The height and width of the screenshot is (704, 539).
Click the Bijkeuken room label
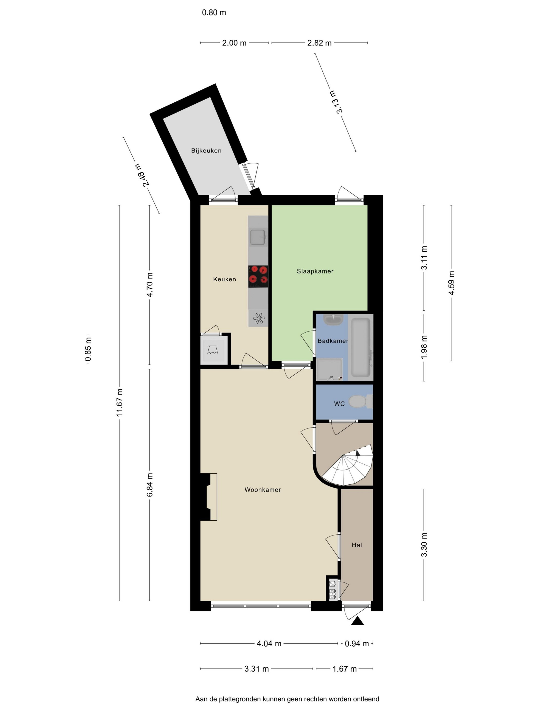coord(206,150)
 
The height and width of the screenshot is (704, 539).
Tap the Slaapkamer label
coord(315,271)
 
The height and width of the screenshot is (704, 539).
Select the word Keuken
coord(225,279)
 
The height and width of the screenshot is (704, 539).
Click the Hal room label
coord(357,545)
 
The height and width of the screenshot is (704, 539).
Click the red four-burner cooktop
coord(258,277)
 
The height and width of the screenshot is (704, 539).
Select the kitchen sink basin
coord(258,237)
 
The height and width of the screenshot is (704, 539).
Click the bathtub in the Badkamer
coord(361,347)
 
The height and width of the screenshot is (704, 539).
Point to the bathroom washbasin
coord(334,320)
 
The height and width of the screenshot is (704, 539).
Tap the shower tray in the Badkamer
coord(330,369)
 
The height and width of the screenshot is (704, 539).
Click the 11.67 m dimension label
coord(120,403)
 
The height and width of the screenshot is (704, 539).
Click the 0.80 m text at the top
coord(214,13)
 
